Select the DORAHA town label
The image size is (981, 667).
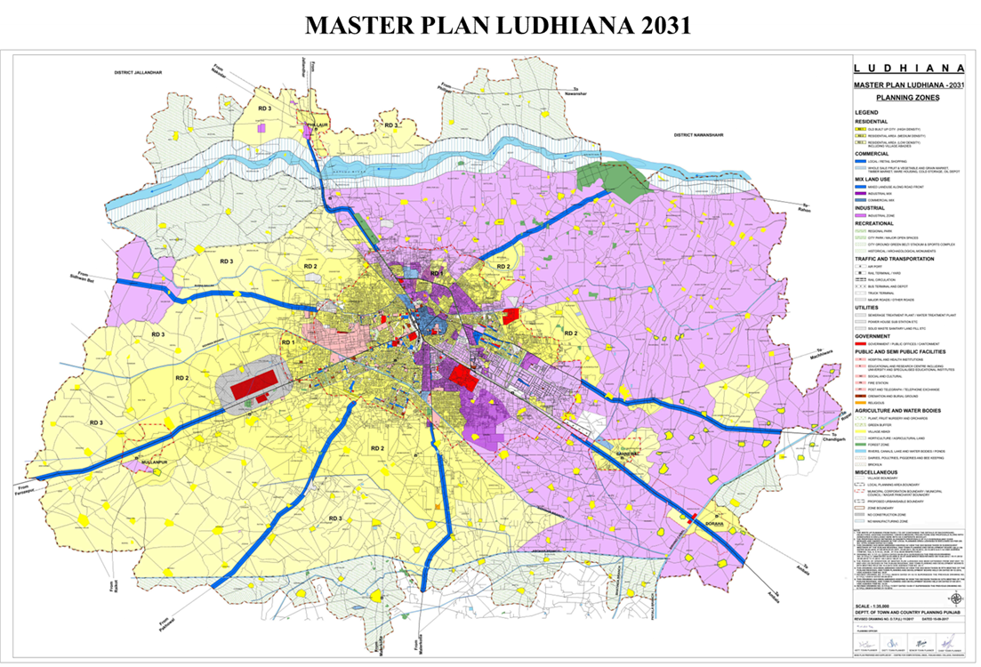pos(713,524)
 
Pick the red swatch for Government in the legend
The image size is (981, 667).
pos(860,344)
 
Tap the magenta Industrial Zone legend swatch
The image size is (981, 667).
pos(860,215)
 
